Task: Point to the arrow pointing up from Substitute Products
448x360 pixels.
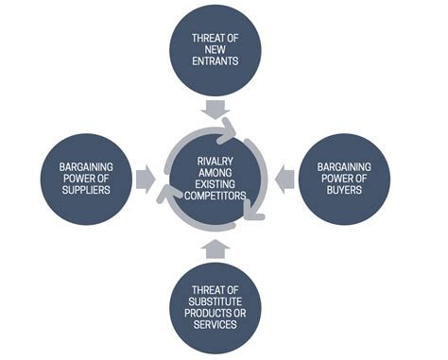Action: tap(216, 249)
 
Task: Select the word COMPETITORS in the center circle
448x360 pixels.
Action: tap(216, 197)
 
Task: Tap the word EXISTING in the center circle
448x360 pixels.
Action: tap(216, 184)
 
